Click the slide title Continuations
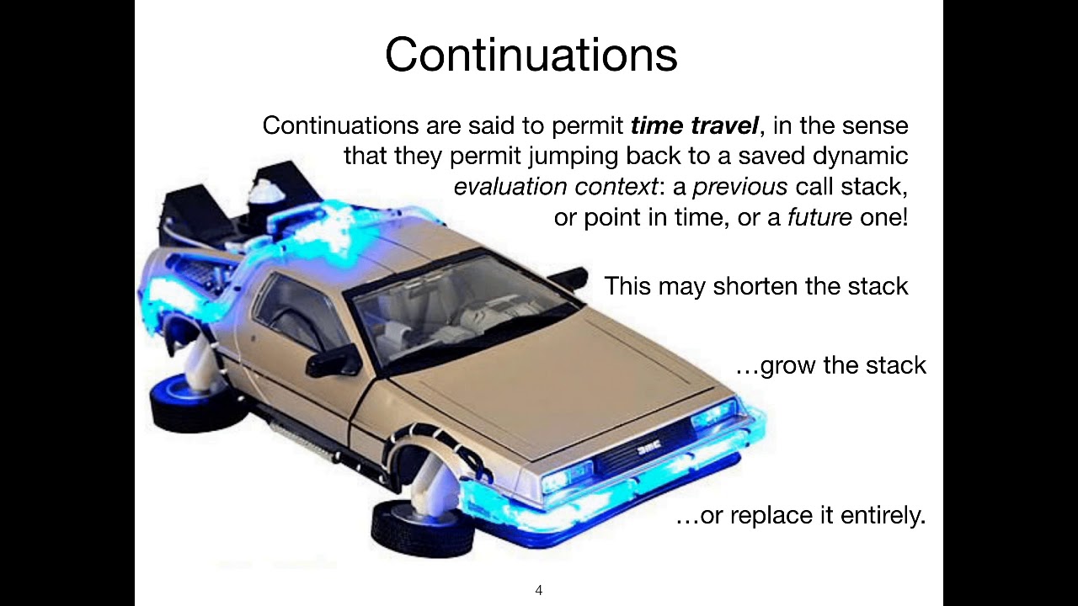(531, 56)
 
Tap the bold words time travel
(695, 126)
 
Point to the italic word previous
(739, 187)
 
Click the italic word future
(819, 217)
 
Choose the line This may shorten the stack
(755, 286)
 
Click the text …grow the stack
(830, 365)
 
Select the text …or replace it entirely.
(800, 515)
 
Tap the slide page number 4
(539, 590)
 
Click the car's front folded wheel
(410, 526)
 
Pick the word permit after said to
(587, 126)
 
